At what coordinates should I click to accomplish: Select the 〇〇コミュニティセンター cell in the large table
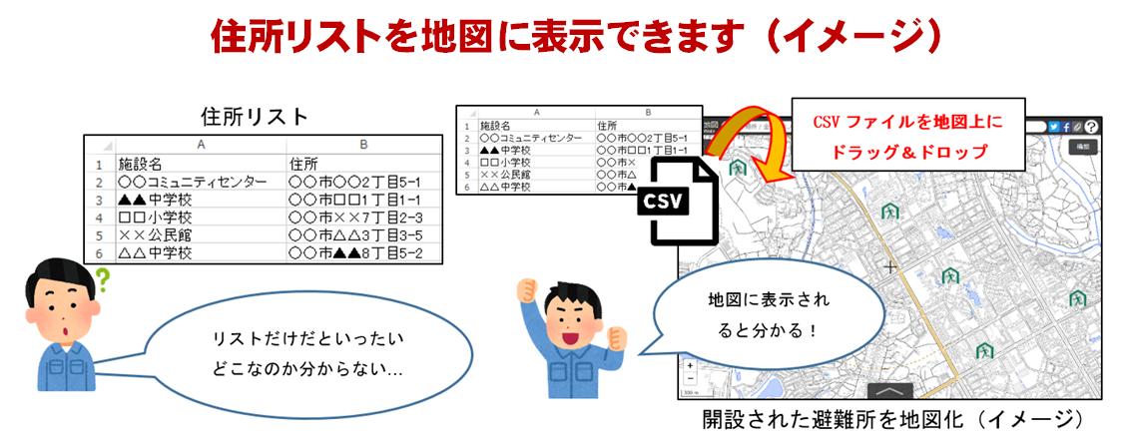click(193, 183)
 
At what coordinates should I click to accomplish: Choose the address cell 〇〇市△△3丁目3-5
click(355, 235)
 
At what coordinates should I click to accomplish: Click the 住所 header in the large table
click(303, 164)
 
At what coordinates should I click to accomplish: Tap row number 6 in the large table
click(100, 253)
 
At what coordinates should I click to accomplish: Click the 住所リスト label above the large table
click(255, 116)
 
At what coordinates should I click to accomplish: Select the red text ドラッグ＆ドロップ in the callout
click(907, 153)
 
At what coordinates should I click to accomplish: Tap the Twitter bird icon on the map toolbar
click(1055, 127)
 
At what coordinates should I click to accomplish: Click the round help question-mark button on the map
click(1091, 127)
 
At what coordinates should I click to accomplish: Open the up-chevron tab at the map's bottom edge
click(891, 392)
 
